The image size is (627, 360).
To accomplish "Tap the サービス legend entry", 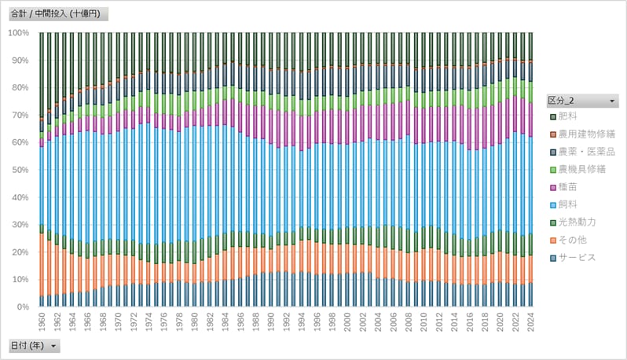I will click(580, 257).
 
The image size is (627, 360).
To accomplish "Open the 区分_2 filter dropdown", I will click(611, 101).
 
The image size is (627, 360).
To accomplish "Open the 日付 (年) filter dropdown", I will click(53, 345).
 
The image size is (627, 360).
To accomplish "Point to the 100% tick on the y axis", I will click(18, 33).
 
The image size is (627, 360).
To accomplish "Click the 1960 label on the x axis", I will click(42, 322).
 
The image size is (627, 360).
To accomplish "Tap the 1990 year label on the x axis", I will click(271, 322).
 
